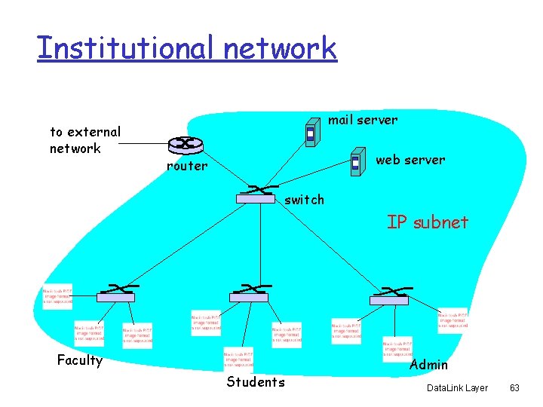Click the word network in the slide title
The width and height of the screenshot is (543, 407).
pos(279,47)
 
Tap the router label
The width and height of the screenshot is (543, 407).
pos(186,166)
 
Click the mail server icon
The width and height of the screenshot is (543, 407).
pos(310,134)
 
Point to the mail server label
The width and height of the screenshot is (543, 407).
pos(363,120)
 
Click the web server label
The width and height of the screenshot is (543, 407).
pos(410,160)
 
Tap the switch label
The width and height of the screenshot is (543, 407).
pos(304,200)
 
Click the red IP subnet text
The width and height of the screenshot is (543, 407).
pos(428,222)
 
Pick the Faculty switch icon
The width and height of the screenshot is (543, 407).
pos(116,294)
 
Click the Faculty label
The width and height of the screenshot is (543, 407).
pos(80,360)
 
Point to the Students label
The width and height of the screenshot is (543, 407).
pos(256,382)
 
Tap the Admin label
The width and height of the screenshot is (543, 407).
pos(428,365)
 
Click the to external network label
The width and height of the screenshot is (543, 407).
pos(84,140)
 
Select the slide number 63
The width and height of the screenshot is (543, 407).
pos(514,387)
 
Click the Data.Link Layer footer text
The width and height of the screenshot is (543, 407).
pos(457,387)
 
